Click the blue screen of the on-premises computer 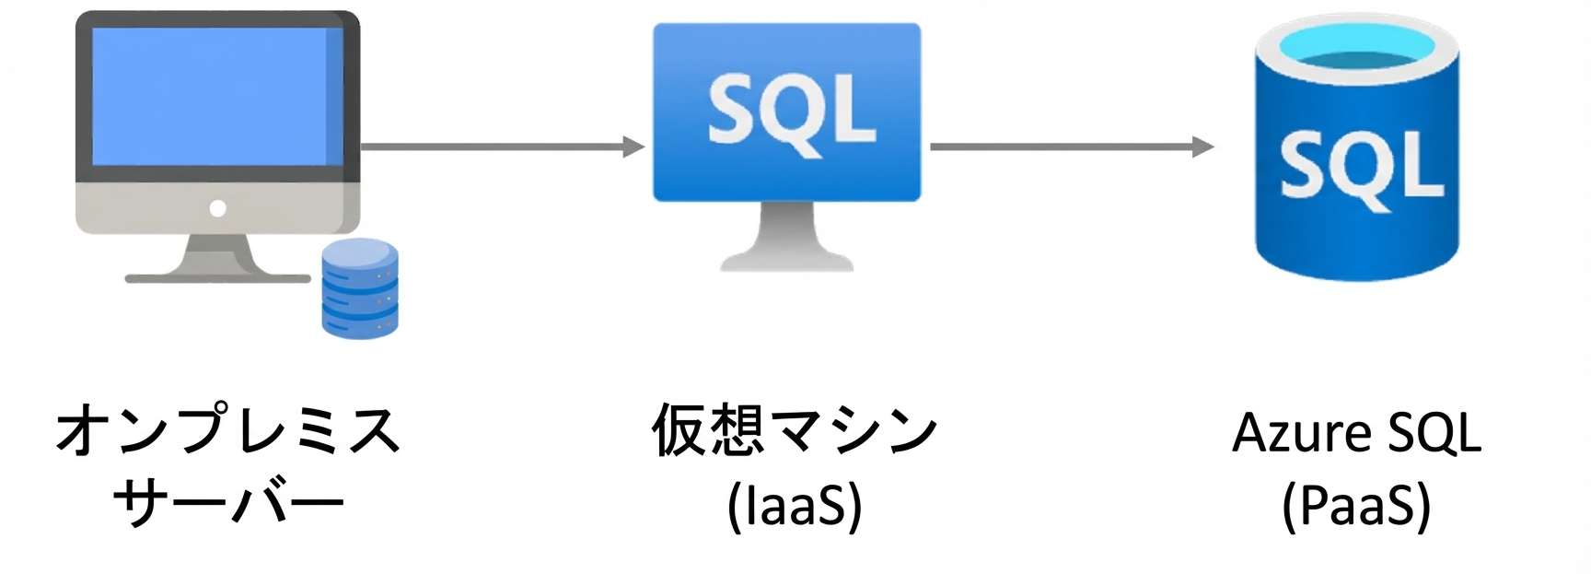tap(217, 96)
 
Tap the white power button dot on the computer tap(217, 208)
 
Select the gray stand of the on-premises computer tap(217, 254)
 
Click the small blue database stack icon tap(360, 288)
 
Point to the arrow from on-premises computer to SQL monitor tap(503, 146)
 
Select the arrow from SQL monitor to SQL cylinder tap(1072, 146)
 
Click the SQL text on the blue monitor tap(791, 111)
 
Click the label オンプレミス tap(227, 429)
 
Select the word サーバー tap(228, 503)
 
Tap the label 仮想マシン tap(794, 429)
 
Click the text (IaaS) tap(795, 505)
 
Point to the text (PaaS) tap(1356, 505)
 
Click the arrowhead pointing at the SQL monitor tap(633, 146)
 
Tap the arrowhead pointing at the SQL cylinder tap(1202, 146)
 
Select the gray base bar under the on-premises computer tap(218, 277)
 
